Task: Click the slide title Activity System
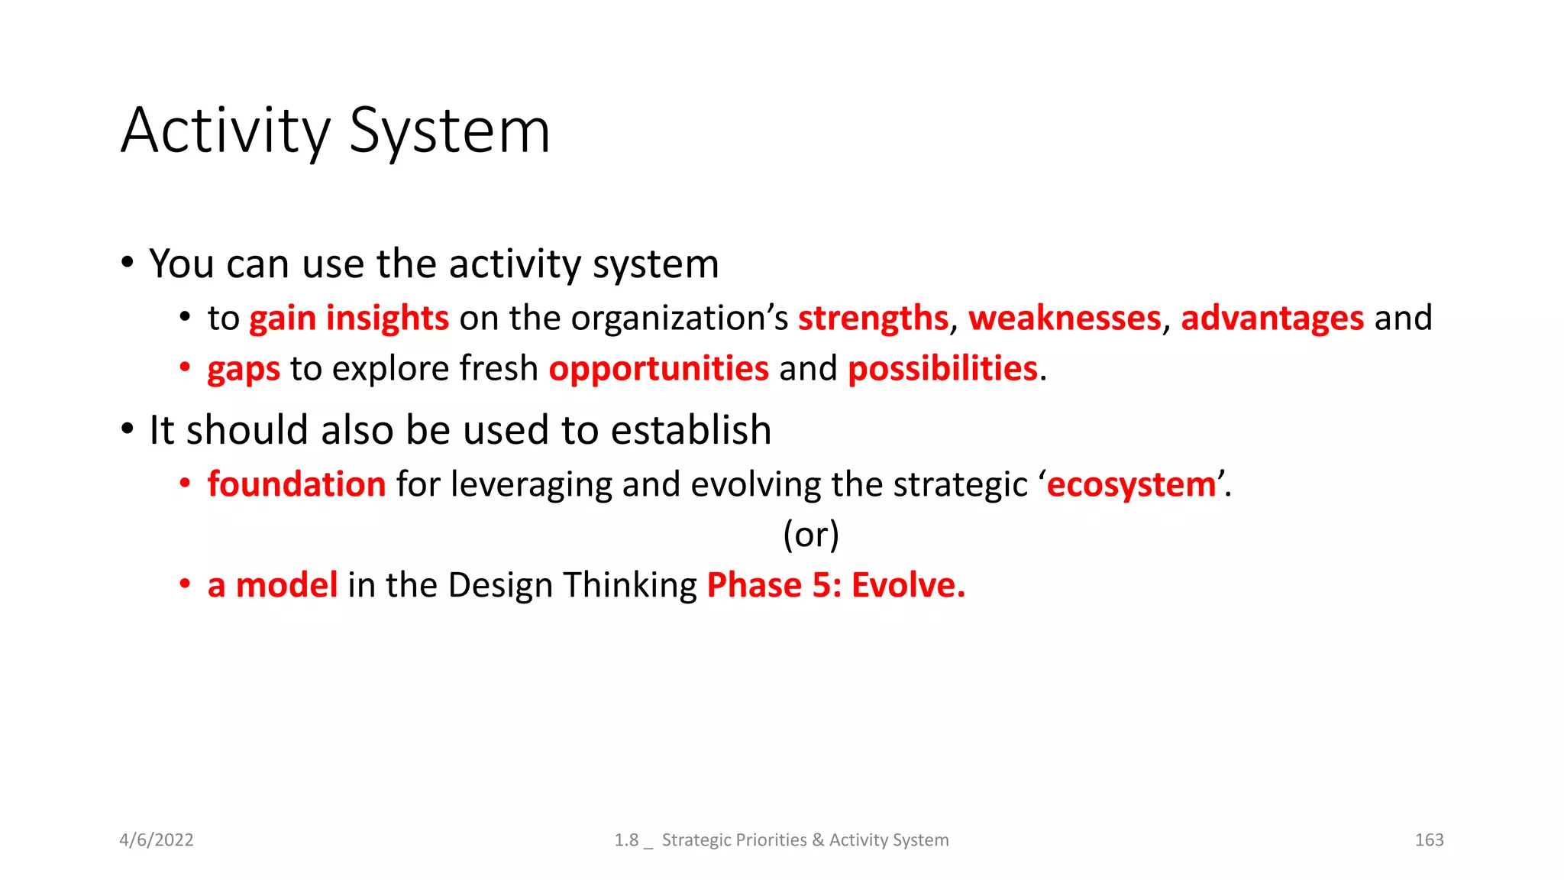tap(335, 131)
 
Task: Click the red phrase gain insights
tap(349, 319)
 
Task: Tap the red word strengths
tap(873, 319)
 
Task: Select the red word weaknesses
tap(1065, 319)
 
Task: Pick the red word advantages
tap(1272, 319)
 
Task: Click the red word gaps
tap(244, 370)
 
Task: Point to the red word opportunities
tap(658, 369)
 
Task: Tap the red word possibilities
tap(942, 369)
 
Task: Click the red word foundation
tap(296, 484)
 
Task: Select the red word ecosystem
tap(1131, 485)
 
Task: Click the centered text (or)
tap(811, 535)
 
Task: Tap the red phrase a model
tap(273, 585)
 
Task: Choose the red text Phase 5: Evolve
tap(836, 585)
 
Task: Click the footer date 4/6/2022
tap(157, 840)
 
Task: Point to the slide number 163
tap(1429, 840)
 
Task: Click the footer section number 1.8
tap(626, 840)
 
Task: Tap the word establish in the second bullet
tap(691, 430)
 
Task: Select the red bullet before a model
tap(185, 584)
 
